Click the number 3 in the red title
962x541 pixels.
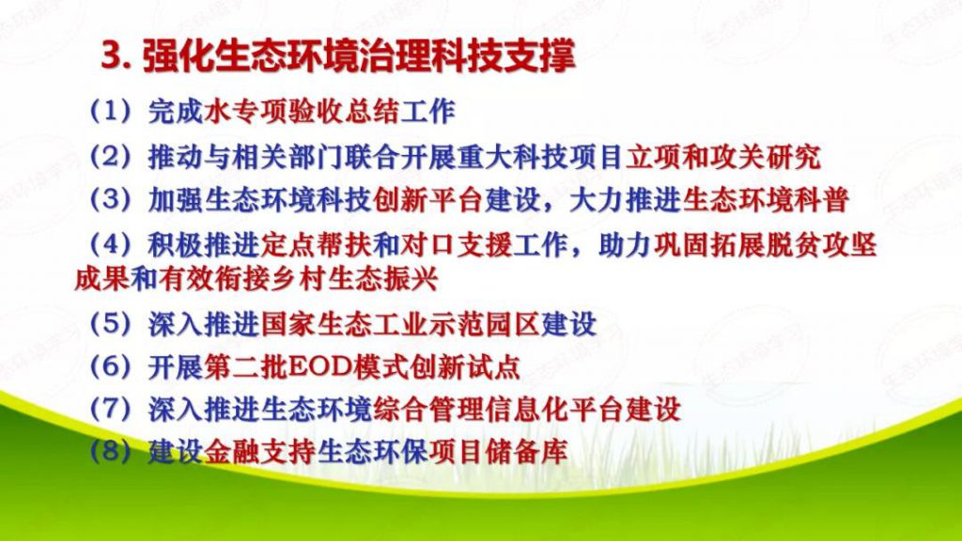pos(111,56)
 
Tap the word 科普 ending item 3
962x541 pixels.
pos(821,200)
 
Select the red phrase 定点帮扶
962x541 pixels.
pos(316,245)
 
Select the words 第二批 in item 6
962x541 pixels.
pos(245,367)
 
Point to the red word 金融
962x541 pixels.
pos(231,452)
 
